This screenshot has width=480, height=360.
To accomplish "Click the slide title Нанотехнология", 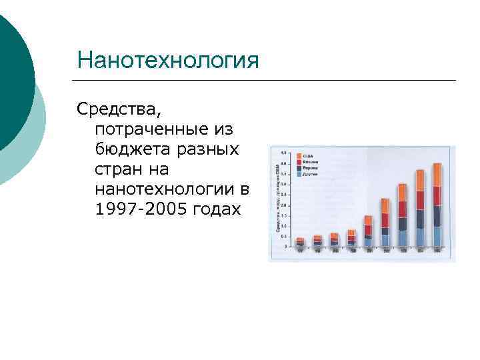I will pyautogui.click(x=167, y=61).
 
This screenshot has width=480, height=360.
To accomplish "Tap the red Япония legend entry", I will pyautogui.click(x=307, y=162).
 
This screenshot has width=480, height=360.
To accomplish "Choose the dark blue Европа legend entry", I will pyautogui.click(x=307, y=169).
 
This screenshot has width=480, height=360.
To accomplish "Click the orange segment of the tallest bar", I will pyautogui.click(x=437, y=175).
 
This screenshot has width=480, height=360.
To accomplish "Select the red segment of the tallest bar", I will pyautogui.click(x=437, y=196).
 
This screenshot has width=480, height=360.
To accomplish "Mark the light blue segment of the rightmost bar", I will pyautogui.click(x=437, y=236).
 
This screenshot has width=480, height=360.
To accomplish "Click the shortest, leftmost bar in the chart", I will pyautogui.click(x=300, y=242).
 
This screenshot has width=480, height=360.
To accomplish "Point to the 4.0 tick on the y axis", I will pyautogui.click(x=284, y=163).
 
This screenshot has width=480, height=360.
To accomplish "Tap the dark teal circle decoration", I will pyautogui.click(x=13, y=80).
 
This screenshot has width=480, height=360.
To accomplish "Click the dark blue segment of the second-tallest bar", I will pyautogui.click(x=420, y=219).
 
